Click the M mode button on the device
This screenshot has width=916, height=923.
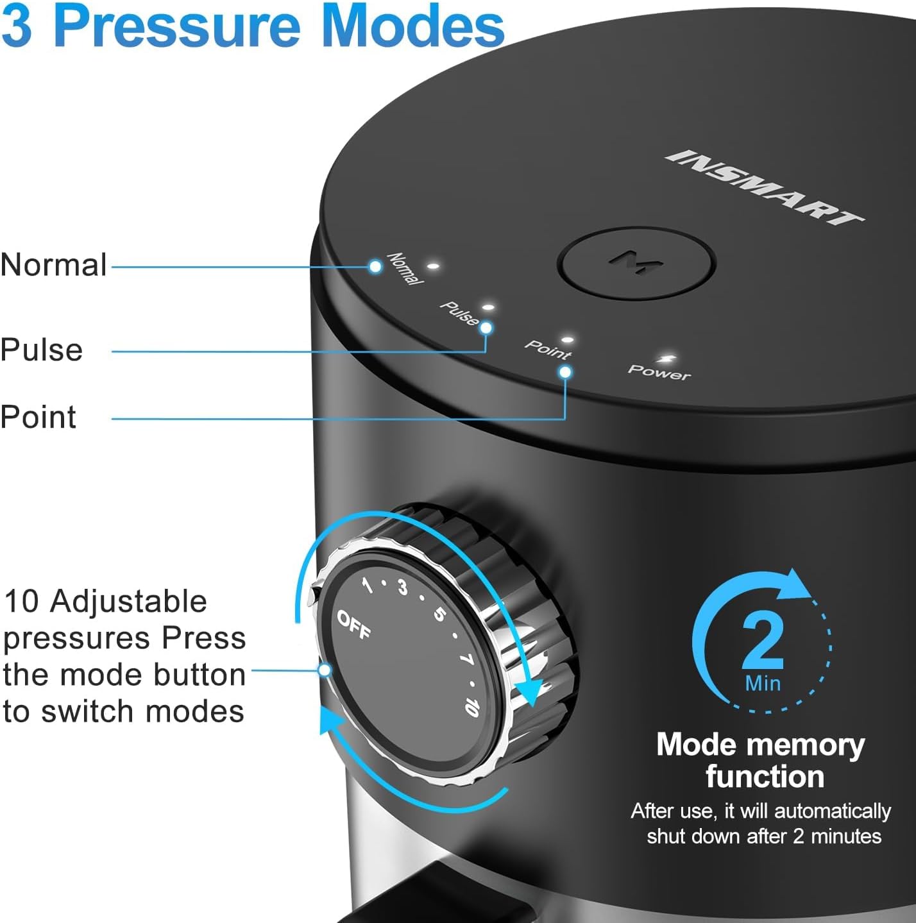[x=636, y=264]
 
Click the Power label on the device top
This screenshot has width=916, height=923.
[x=659, y=372]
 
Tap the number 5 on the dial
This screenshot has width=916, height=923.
[x=439, y=614]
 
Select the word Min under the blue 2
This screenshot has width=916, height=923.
[x=763, y=683]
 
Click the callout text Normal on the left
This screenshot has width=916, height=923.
[x=54, y=265]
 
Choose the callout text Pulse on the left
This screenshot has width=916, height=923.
[x=42, y=350]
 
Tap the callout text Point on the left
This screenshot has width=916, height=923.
[x=38, y=417]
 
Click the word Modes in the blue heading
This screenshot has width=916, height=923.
[x=413, y=26]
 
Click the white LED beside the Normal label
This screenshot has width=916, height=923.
[x=434, y=265]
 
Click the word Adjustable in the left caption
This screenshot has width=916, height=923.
[x=128, y=602]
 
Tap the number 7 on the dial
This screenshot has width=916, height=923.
[x=466, y=659]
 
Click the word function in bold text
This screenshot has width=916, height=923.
[x=765, y=777]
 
